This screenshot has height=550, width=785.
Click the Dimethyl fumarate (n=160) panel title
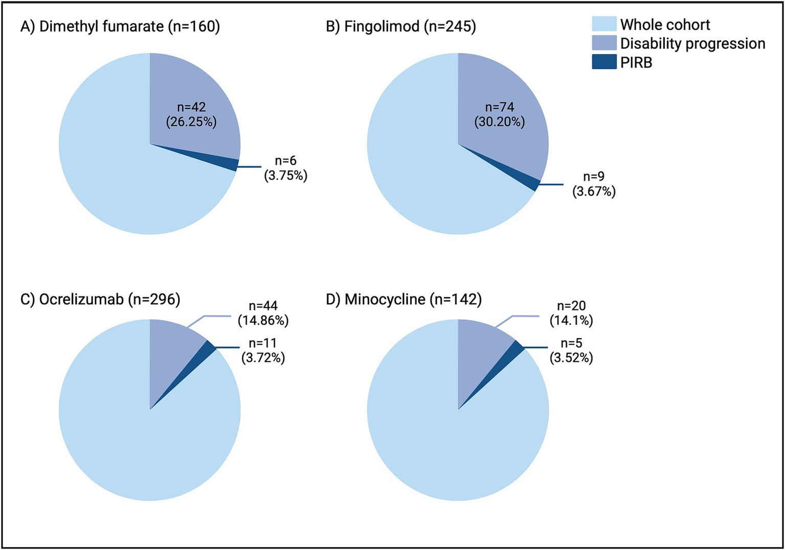click(x=120, y=26)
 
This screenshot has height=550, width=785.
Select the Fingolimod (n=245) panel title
click(x=401, y=26)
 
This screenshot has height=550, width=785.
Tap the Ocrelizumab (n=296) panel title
click(x=100, y=299)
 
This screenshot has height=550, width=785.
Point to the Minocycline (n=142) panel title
click(x=404, y=299)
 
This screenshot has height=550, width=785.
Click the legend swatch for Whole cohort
click(x=604, y=24)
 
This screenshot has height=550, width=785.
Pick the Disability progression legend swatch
click(x=604, y=43)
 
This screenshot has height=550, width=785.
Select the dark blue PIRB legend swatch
click(x=604, y=62)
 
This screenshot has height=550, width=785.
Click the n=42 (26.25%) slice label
click(x=191, y=114)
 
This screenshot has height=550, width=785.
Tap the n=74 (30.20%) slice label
click(x=500, y=114)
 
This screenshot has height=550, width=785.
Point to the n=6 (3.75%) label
click(x=285, y=169)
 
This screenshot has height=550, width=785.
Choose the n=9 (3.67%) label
click(x=594, y=184)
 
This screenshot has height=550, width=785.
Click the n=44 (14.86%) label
click(x=263, y=313)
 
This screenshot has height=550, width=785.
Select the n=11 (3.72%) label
click(x=263, y=350)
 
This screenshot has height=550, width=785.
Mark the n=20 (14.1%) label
click(x=571, y=313)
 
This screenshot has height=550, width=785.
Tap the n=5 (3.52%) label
click(x=571, y=350)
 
